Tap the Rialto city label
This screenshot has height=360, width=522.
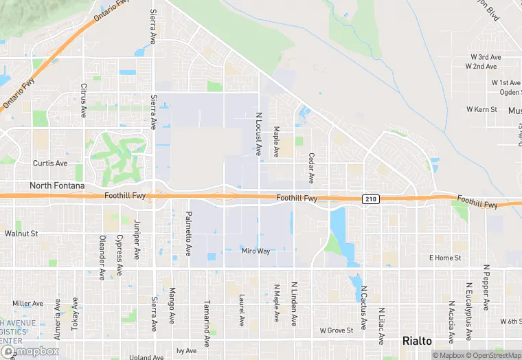coord(417,341)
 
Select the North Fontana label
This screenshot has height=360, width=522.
coord(56,185)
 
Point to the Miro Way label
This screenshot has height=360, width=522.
coord(256,251)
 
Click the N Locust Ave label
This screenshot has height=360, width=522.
coord(259,134)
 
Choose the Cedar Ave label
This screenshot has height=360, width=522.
coord(311,168)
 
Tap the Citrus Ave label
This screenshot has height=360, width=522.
coord(84,100)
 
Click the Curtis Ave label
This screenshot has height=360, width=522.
coord(50,164)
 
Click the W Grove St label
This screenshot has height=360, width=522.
coord(336,330)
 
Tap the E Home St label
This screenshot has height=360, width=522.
coord(445,258)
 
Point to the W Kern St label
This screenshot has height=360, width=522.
coord(481,109)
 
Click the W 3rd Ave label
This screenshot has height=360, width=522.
coord(485,57)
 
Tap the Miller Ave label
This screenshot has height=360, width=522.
coord(27,303)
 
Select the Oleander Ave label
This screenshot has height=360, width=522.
coord(102,258)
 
